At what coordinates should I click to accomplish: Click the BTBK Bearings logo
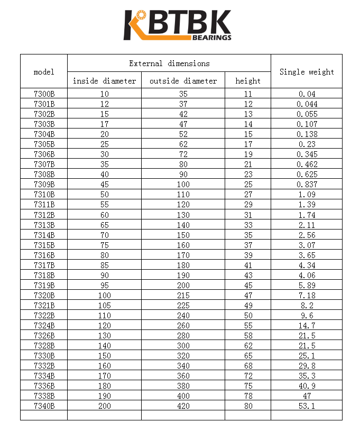[178, 25]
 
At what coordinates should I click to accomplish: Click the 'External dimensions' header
[169, 63]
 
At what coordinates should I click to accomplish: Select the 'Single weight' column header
[307, 71]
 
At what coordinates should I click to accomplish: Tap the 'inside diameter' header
[104, 81]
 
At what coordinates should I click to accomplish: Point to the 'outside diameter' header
[183, 81]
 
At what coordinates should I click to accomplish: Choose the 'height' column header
[248, 81]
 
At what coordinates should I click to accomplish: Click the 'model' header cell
[44, 71]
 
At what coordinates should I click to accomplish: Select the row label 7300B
[44, 94]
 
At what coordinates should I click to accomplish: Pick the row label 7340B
[44, 406]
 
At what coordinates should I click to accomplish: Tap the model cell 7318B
[44, 275]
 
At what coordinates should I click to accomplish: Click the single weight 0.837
[307, 185]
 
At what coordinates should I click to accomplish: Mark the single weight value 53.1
[307, 406]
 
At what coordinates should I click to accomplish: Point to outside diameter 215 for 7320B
[183, 295]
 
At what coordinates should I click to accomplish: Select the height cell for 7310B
[248, 195]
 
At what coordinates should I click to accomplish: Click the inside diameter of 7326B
[104, 335]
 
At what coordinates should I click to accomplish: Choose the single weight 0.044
[307, 104]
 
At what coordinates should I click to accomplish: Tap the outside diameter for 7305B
[183, 144]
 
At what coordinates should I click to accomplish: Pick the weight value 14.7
[307, 325]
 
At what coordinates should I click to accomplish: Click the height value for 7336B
[248, 386]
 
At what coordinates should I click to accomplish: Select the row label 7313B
[44, 225]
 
